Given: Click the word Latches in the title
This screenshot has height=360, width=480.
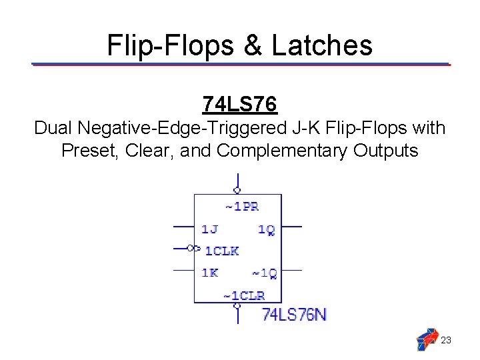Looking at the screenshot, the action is (x=322, y=45).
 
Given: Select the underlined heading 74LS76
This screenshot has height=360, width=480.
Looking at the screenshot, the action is (x=239, y=105).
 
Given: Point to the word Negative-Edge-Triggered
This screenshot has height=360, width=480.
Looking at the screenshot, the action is (x=181, y=127).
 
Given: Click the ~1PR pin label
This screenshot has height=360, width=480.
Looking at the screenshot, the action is (x=241, y=207).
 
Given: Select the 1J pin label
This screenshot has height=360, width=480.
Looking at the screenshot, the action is (x=209, y=229).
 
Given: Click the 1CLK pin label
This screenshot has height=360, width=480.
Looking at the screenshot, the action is (x=221, y=251).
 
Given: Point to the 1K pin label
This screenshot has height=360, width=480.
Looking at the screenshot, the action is (x=209, y=273).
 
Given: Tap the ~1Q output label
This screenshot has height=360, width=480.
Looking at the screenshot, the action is (x=264, y=273).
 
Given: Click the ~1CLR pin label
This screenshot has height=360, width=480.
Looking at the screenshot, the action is (x=243, y=295).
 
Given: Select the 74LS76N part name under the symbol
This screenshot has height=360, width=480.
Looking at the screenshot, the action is (x=294, y=313).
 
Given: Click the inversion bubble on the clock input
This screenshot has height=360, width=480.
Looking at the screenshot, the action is (x=191, y=248).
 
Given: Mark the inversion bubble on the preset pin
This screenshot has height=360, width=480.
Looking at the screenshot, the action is (x=237, y=191).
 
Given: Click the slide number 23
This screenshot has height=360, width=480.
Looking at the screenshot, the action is (x=447, y=340).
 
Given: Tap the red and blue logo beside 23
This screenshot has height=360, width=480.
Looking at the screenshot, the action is (x=427, y=339).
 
